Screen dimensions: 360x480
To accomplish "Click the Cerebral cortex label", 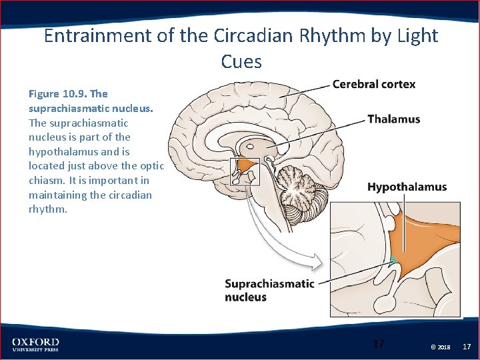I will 373,84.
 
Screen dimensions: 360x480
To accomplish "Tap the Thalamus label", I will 393,119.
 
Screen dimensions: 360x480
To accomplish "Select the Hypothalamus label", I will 407,187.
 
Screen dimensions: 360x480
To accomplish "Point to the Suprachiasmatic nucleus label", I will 269,290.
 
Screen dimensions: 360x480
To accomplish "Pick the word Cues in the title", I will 241,62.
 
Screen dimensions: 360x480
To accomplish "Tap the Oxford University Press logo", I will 35,345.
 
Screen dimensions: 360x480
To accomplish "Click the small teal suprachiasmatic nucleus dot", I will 394,260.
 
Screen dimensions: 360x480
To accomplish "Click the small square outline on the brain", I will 244,171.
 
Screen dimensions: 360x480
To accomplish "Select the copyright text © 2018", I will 440,347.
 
